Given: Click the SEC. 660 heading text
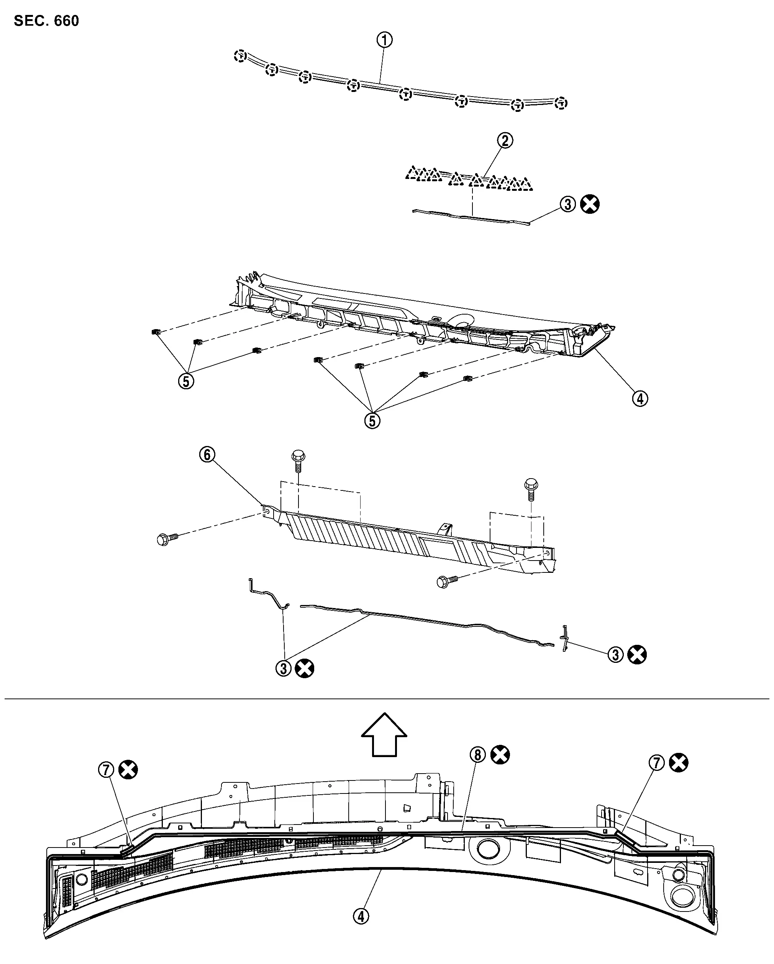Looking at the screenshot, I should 46,21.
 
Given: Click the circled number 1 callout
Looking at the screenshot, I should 384,40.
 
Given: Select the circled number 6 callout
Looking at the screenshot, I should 207,455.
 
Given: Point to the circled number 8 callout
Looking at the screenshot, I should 477,755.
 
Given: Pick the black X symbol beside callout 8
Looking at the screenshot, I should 500,755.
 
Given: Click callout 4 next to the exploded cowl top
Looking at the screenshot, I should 640,398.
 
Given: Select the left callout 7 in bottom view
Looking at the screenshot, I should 106,770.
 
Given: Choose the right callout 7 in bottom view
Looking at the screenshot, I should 656,762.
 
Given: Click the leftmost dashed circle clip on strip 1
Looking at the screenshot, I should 240,56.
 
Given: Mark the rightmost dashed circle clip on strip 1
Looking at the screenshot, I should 561,103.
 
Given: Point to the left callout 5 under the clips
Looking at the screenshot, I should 186,381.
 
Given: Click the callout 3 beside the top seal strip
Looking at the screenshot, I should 567,204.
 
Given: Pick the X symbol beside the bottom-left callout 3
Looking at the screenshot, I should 305,669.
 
